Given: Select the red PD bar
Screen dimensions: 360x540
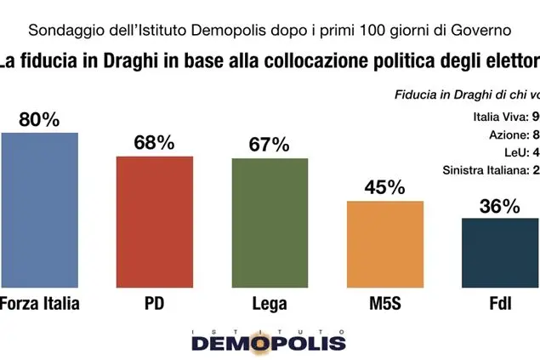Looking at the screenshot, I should pyautogui.click(x=154, y=223).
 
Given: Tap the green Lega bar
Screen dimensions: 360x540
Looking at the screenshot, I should pyautogui.click(x=270, y=224).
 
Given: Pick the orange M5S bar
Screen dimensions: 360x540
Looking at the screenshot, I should pyautogui.click(x=385, y=245).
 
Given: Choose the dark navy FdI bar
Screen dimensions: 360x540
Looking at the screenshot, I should pyautogui.click(x=500, y=254).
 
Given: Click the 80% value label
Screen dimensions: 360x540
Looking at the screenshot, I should pyautogui.click(x=39, y=120).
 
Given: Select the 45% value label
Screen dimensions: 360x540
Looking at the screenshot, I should pyautogui.click(x=385, y=187).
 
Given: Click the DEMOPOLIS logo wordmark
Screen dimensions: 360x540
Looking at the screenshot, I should pyautogui.click(x=269, y=342).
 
